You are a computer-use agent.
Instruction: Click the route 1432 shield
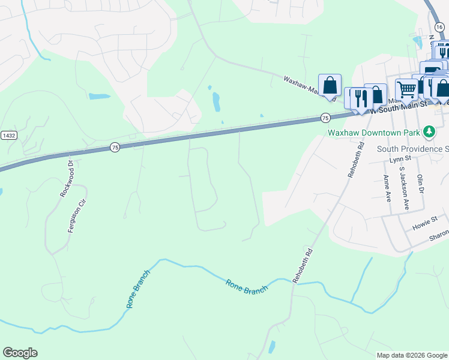click(8, 136)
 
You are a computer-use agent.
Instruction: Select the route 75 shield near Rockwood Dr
click(115, 147)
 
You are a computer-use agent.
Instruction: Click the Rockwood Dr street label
click(67, 179)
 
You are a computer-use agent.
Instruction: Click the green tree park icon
click(429, 131)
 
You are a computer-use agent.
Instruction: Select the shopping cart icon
click(406, 90)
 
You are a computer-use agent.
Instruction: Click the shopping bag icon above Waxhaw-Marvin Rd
click(330, 85)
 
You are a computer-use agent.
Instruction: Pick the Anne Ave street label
click(386, 188)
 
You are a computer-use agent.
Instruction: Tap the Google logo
click(20, 353)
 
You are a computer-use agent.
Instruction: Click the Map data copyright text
click(411, 355)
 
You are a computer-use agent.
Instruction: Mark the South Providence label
click(412, 148)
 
